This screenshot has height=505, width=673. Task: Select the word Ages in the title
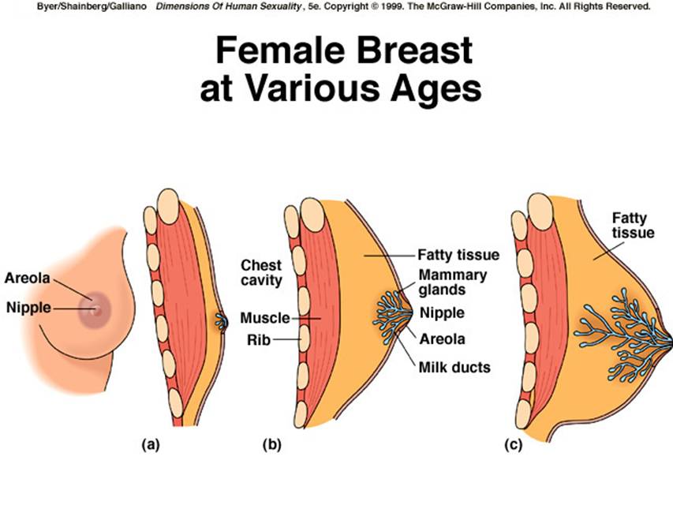click(436, 90)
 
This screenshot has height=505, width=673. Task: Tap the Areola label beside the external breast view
click(28, 278)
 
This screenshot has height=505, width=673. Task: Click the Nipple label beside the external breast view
click(28, 308)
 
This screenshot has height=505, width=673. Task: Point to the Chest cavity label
click(261, 273)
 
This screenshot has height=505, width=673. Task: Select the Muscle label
click(265, 318)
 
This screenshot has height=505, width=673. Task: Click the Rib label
click(258, 340)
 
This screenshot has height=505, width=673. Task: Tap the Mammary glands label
click(452, 282)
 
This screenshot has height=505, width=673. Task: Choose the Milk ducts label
click(454, 367)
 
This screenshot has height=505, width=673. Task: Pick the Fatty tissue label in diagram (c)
click(633, 226)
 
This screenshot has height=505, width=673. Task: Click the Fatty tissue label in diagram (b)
click(458, 255)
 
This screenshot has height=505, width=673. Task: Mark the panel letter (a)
click(151, 444)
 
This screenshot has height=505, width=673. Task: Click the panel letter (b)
click(272, 444)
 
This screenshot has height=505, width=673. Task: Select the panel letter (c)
click(514, 444)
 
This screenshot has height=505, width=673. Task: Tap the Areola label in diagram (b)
click(442, 339)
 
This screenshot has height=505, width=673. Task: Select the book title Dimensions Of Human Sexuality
click(229, 6)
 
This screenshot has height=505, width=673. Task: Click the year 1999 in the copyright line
click(391, 6)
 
